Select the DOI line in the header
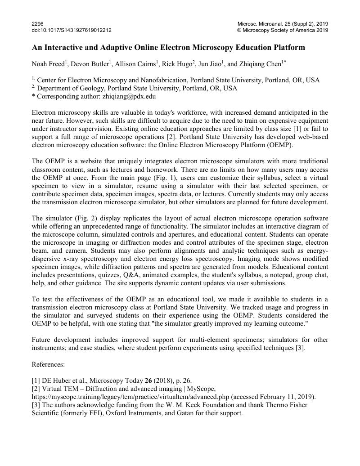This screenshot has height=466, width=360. (x=72, y=30)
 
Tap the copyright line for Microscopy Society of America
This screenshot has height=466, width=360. (x=283, y=30)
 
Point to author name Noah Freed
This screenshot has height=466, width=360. (x=48, y=64)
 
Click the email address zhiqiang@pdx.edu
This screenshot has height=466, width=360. (x=126, y=96)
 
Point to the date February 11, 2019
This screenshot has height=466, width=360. (x=289, y=396)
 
